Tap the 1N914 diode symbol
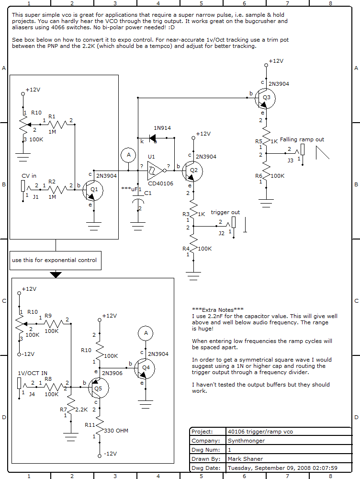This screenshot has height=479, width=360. click(154, 139)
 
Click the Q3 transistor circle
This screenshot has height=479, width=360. click(265, 98)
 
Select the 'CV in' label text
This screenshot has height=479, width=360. click(29, 176)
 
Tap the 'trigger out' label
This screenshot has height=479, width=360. click(225, 212)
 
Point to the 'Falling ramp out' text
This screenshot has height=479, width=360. click(302, 139)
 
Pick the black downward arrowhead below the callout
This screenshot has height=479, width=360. click(56, 274)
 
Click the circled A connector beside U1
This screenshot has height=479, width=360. click(128, 155)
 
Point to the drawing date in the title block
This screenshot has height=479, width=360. click(282, 468)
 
